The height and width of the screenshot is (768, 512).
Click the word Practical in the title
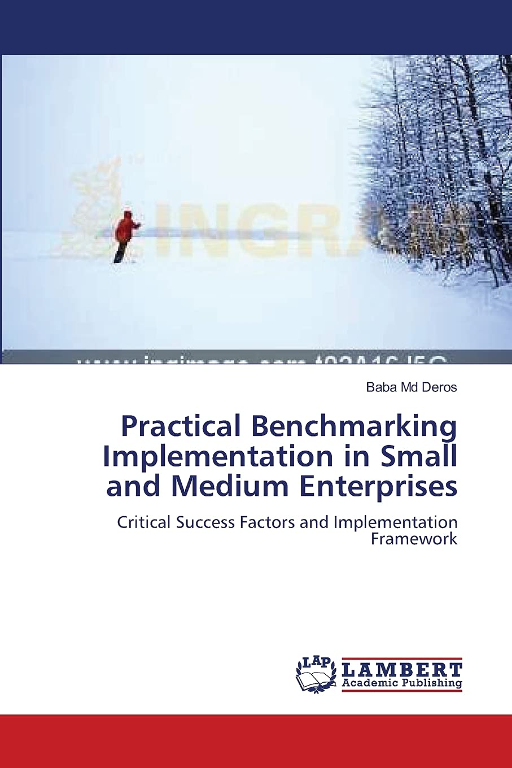(x=181, y=427)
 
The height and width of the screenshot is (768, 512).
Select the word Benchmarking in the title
(x=354, y=427)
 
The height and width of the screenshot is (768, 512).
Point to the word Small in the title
(x=419, y=456)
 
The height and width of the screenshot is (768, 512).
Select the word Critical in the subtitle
(x=144, y=522)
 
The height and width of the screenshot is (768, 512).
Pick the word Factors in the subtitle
(x=270, y=522)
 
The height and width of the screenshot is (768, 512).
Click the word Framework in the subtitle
(x=414, y=539)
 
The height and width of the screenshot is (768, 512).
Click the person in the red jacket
(x=125, y=234)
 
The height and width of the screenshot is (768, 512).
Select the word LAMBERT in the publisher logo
(x=402, y=670)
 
